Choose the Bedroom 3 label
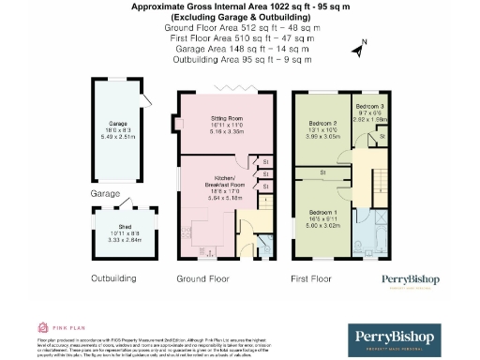(368, 108)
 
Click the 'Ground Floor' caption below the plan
(203, 278)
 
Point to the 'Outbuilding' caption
(113, 278)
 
